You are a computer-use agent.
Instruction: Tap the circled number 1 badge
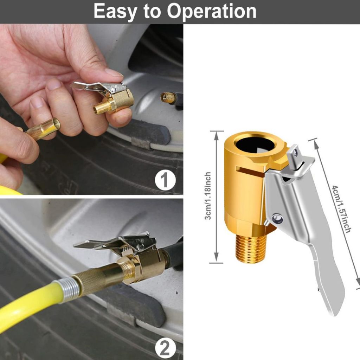pyautogui.click(x=165, y=180)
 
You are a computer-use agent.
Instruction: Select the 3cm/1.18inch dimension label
pyautogui.click(x=208, y=196)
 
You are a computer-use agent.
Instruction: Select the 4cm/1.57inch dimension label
pyautogui.click(x=341, y=209)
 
